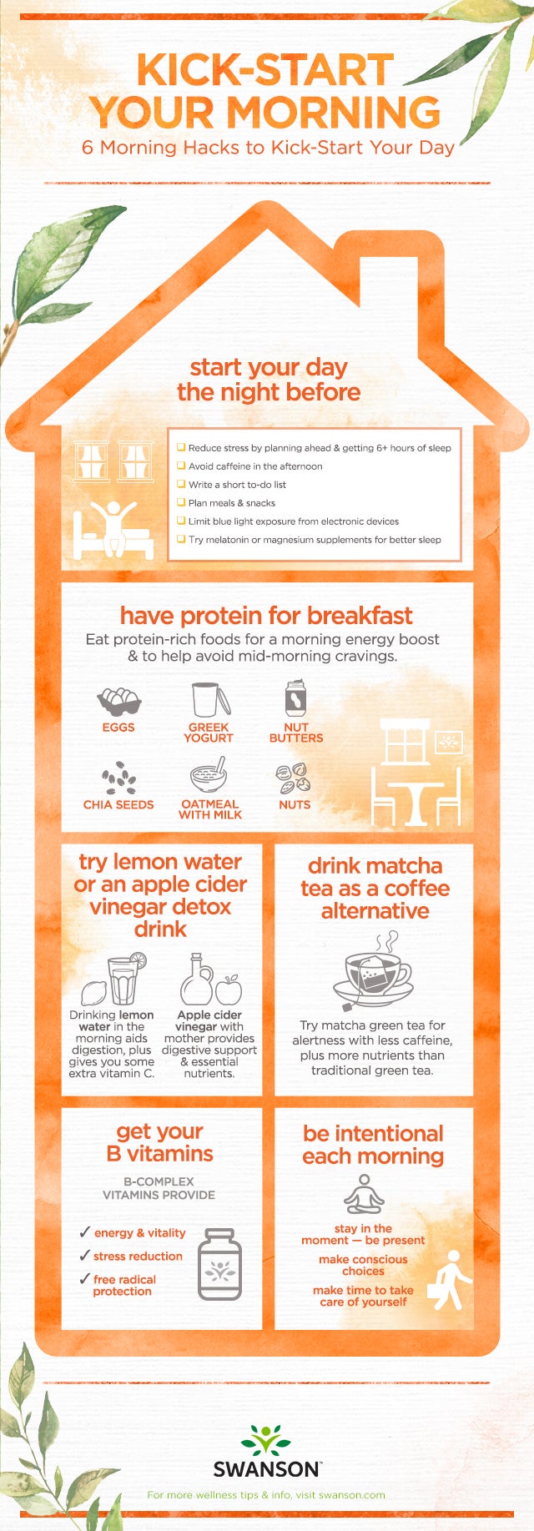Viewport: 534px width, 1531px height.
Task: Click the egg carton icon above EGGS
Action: tap(118, 700)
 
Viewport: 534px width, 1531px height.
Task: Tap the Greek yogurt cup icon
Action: tap(209, 699)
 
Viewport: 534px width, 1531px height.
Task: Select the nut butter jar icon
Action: tap(295, 698)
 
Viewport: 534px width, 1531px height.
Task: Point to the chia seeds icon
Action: tap(119, 778)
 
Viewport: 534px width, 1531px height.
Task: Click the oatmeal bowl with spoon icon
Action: tap(209, 776)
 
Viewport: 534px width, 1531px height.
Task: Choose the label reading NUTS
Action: tap(295, 805)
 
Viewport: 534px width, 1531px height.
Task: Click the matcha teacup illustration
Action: tap(375, 972)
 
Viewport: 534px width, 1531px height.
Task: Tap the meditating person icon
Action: tap(363, 1194)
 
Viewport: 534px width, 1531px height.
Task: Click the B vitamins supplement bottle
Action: tap(220, 1264)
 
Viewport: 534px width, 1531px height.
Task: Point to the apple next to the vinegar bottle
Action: tap(229, 990)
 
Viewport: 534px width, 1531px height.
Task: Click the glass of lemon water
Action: tap(123, 981)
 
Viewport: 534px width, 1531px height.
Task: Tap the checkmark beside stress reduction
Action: tap(84, 1255)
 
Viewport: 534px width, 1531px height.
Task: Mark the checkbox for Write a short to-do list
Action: tap(180, 484)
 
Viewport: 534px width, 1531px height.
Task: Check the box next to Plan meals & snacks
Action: tap(180, 502)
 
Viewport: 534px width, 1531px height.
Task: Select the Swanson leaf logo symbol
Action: tap(266, 1440)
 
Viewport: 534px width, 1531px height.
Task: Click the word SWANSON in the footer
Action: tap(266, 1469)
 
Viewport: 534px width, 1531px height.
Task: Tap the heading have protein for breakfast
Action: tap(266, 616)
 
